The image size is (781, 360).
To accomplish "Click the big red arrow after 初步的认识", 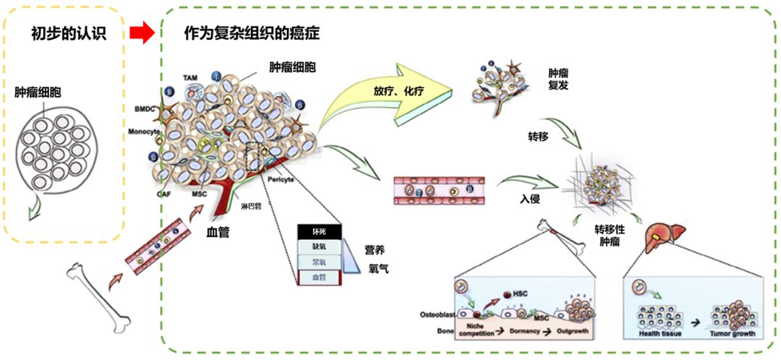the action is click(142, 33).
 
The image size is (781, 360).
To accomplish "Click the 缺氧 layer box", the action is click(319, 247).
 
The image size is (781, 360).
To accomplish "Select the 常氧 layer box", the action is click(319, 262).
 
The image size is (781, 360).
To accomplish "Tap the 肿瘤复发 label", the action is click(558, 80).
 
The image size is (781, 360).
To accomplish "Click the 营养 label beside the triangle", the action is click(374, 250).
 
